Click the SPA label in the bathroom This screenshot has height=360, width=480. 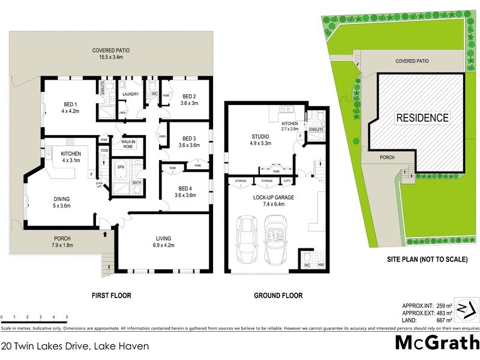click(120, 166)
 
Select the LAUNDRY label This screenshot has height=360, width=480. click(130, 94)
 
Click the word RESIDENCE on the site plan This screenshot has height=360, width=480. click(422, 118)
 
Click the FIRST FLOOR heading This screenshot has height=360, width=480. click(110, 296)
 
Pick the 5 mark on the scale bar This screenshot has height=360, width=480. click(67, 317)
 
